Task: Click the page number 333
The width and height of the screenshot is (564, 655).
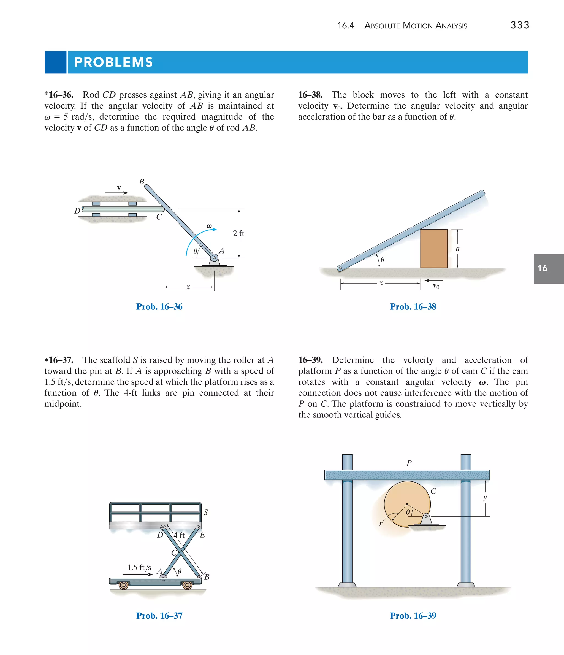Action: (520, 25)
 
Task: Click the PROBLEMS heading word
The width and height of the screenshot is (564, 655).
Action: (113, 62)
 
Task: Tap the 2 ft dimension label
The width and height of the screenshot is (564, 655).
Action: (238, 233)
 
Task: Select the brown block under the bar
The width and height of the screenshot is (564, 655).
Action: (433, 249)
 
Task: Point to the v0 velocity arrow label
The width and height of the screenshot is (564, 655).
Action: (436, 286)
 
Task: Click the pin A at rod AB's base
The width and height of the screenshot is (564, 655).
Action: (214, 258)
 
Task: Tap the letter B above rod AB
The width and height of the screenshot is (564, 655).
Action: (142, 182)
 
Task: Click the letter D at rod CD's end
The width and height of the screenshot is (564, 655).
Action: (77, 211)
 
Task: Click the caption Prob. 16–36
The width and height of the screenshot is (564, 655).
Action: (159, 307)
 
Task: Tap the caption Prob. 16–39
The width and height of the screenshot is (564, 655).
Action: (413, 616)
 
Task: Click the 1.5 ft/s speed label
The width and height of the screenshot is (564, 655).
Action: (139, 567)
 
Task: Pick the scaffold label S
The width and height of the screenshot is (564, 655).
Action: (206, 512)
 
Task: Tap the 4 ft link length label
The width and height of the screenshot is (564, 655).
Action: (179, 535)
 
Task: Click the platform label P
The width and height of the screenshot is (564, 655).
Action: (409, 463)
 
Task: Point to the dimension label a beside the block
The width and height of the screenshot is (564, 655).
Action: (457, 249)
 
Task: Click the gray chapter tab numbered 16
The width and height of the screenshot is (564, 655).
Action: (548, 268)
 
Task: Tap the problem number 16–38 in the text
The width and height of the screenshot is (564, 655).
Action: (310, 95)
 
